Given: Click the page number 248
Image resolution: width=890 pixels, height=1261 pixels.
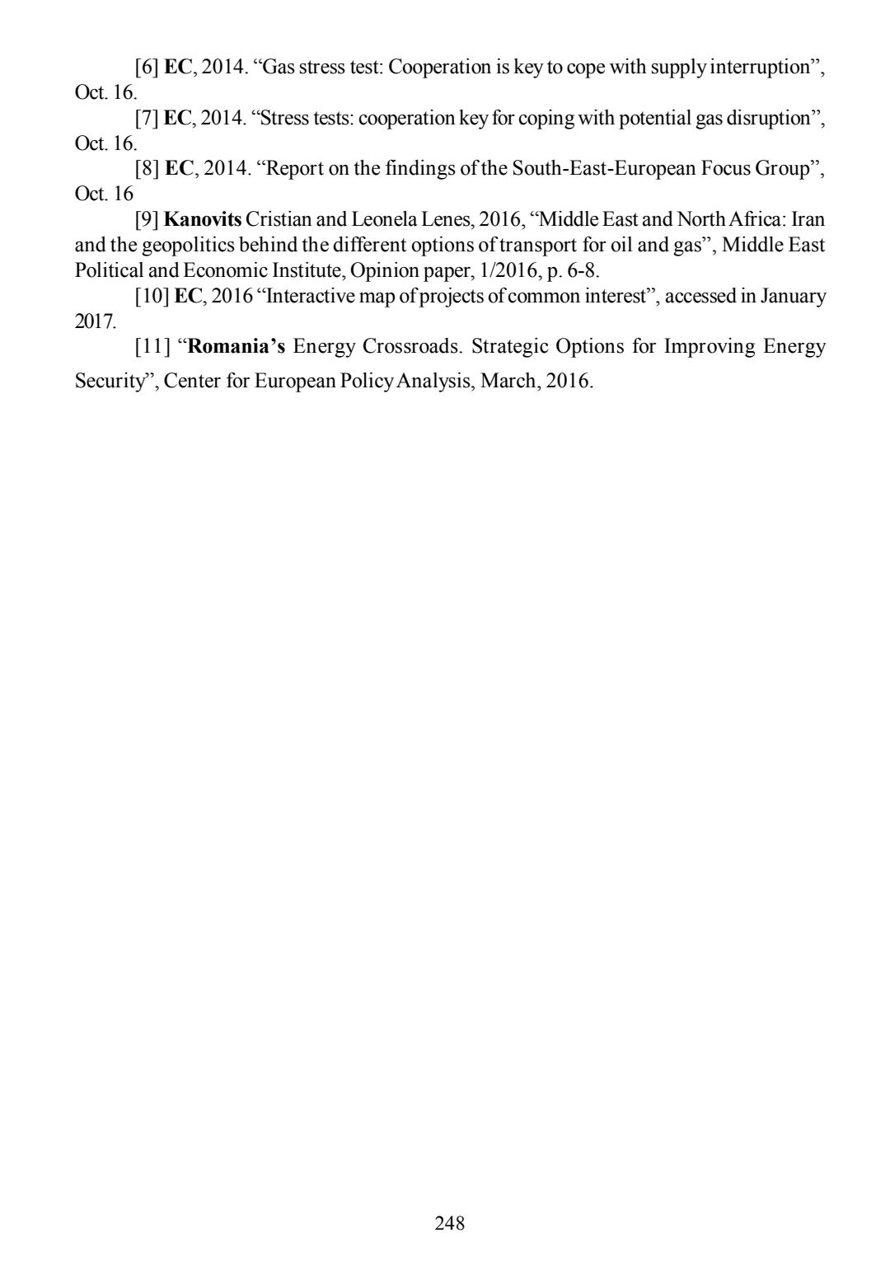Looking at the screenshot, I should click(449, 1223).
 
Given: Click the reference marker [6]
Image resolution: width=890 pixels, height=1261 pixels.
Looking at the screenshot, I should click(148, 68).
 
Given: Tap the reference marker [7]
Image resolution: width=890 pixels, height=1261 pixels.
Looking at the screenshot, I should click(148, 119).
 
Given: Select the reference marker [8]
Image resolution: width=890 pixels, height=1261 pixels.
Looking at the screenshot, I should click(148, 169).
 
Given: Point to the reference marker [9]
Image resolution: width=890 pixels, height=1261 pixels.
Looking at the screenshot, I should click(148, 220).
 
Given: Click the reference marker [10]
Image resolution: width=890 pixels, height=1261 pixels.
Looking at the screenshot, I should click(152, 296).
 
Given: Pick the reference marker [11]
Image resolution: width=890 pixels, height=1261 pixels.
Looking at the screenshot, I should click(152, 346).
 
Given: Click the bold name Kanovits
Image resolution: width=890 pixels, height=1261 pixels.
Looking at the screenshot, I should click(203, 220).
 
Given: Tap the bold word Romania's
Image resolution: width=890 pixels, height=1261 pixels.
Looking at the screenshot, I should click(237, 346).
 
